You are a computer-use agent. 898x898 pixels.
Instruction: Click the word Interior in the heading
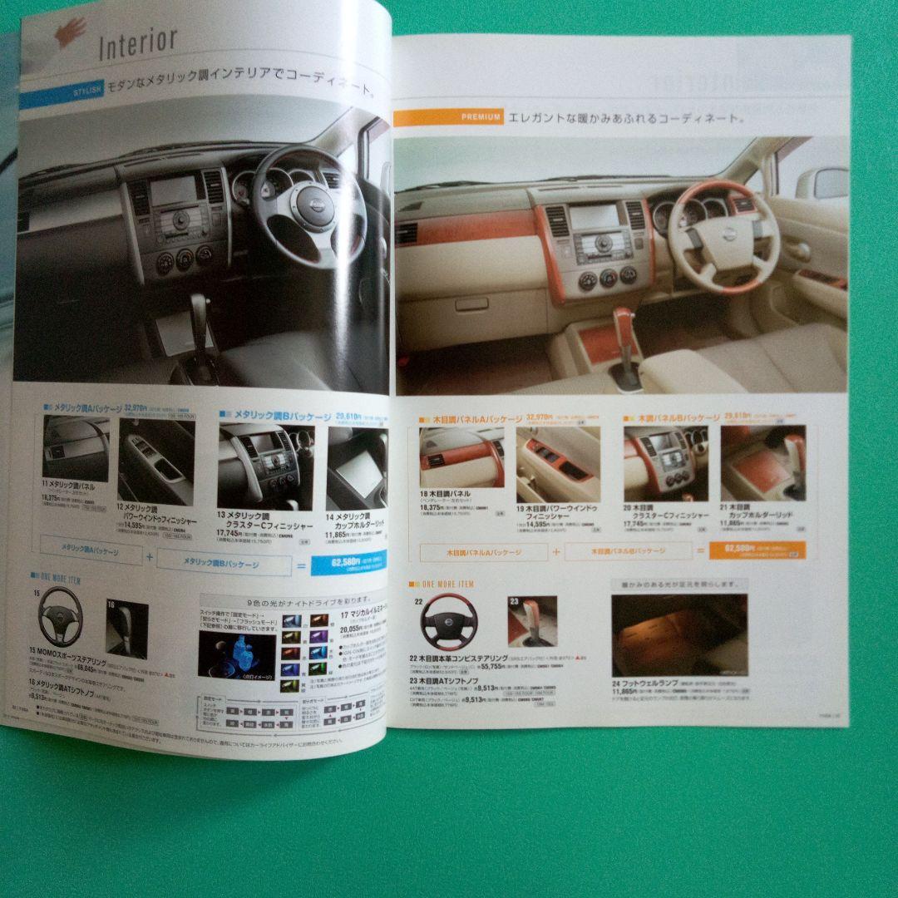[137, 42]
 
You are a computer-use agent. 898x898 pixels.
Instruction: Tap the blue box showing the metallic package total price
[348, 566]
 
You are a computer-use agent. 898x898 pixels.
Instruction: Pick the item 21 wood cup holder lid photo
[762, 464]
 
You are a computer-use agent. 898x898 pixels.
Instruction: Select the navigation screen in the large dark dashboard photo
[170, 194]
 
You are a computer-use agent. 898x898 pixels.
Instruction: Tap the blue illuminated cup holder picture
[236, 654]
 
